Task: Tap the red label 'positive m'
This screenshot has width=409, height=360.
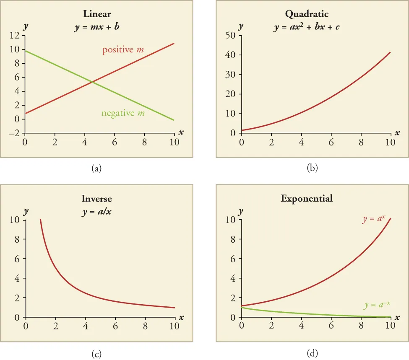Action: pos(123,50)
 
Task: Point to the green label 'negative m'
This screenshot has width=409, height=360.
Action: pos(123,113)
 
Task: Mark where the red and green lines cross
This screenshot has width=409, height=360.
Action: pos(91,82)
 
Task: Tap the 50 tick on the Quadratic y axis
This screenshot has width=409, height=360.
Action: pos(231,36)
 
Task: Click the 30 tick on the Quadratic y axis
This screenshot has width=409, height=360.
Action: pos(231,75)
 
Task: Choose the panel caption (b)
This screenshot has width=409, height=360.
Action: pos(313,168)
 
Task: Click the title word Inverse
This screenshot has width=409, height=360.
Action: pos(97,198)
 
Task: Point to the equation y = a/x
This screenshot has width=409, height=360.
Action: pos(97,212)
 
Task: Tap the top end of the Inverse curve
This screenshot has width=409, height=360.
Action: pos(40,219)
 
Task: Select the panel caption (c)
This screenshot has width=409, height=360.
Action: pos(97,354)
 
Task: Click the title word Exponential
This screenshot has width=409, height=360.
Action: pos(307,198)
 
